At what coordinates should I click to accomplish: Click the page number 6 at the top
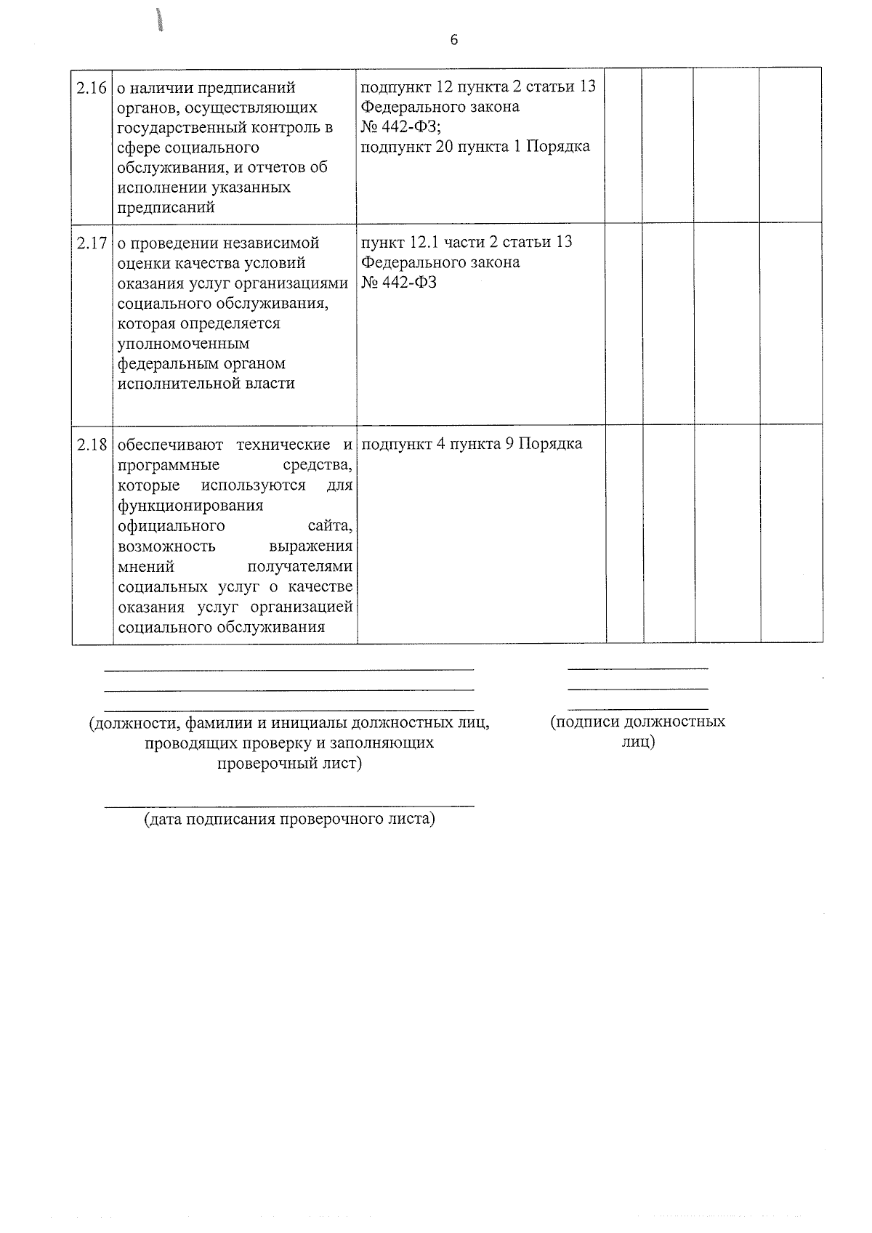pyautogui.click(x=454, y=40)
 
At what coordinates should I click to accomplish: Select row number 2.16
pyautogui.click(x=92, y=88)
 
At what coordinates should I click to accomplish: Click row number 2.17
pyautogui.click(x=92, y=243)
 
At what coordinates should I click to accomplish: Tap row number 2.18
pyautogui.click(x=92, y=445)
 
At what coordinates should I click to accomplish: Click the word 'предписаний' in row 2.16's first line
pyautogui.click(x=254, y=88)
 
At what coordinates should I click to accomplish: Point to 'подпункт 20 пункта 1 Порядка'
pyautogui.click(x=475, y=147)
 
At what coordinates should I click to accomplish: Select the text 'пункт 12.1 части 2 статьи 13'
pyautogui.click(x=467, y=242)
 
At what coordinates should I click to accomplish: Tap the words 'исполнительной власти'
pyautogui.click(x=206, y=384)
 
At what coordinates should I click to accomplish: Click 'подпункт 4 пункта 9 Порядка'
pyautogui.click(x=472, y=444)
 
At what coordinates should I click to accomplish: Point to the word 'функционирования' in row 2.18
pyautogui.click(x=190, y=505)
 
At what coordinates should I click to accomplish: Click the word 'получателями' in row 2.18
pyautogui.click(x=300, y=566)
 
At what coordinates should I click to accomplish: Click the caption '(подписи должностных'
pyautogui.click(x=637, y=721)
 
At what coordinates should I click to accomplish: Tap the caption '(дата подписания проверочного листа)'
pyautogui.click(x=289, y=820)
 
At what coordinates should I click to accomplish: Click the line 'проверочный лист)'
pyautogui.click(x=289, y=764)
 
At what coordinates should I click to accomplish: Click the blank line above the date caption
pyautogui.click(x=289, y=805)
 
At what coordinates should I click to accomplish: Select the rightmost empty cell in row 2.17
pyautogui.click(x=791, y=323)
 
